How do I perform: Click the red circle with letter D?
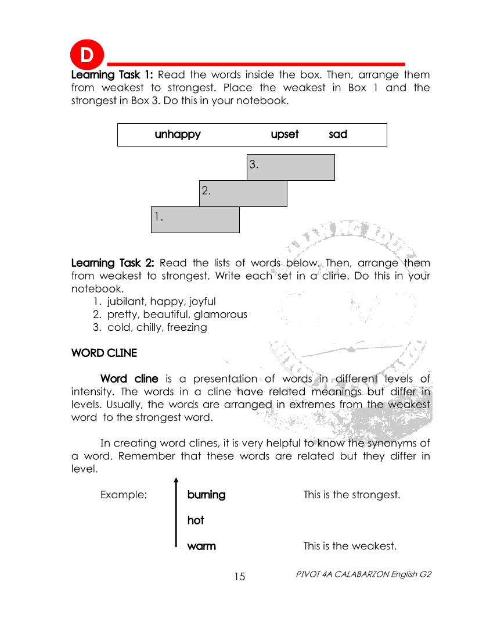[87, 56]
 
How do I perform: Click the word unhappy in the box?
[178, 134]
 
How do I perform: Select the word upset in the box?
[284, 134]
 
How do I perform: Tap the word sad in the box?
[338, 134]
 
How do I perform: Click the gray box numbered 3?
[291, 167]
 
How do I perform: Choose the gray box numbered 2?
[243, 193]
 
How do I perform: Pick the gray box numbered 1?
[195, 219]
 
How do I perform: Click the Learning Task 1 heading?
[112, 75]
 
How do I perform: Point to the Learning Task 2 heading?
[113, 263]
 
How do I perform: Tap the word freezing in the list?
[187, 327]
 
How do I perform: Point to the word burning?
[206, 495]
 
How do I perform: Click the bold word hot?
[196, 520]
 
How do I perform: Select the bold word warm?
[201, 546]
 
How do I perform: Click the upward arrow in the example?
[176, 512]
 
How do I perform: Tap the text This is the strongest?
[352, 495]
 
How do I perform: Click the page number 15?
[240, 577]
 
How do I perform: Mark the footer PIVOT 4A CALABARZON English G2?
[363, 574]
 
